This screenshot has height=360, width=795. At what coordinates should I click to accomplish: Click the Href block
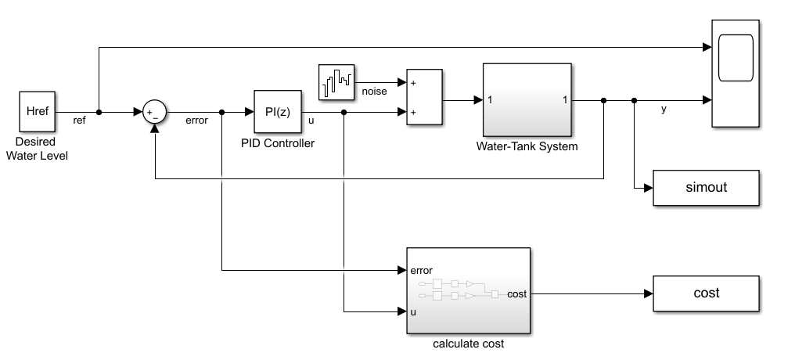click(x=38, y=112)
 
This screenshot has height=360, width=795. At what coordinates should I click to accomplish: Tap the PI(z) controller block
click(x=277, y=112)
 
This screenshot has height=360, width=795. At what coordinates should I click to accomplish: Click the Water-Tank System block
click(x=527, y=100)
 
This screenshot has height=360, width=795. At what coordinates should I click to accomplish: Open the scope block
click(x=735, y=72)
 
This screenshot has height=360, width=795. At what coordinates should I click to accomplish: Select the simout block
click(x=706, y=189)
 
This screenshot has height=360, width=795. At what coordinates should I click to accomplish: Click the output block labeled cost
click(x=706, y=293)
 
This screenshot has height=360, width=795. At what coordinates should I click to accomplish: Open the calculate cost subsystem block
click(x=468, y=291)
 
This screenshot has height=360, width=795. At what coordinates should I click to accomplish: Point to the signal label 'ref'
click(x=80, y=121)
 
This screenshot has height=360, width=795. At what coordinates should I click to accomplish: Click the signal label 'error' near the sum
click(x=196, y=121)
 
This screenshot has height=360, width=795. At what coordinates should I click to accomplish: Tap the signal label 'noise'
click(x=374, y=92)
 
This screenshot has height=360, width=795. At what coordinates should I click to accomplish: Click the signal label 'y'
click(x=664, y=110)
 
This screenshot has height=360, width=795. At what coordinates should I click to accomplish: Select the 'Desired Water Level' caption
click(x=37, y=149)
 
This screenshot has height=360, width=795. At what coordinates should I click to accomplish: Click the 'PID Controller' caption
click(x=278, y=142)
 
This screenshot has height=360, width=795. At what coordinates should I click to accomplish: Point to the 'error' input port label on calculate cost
click(x=421, y=271)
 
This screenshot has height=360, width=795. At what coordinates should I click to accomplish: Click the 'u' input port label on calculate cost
click(x=413, y=311)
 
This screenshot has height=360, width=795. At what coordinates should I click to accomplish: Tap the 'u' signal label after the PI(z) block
click(x=312, y=121)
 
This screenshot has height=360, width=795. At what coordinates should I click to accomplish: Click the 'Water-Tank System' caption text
click(x=527, y=146)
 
